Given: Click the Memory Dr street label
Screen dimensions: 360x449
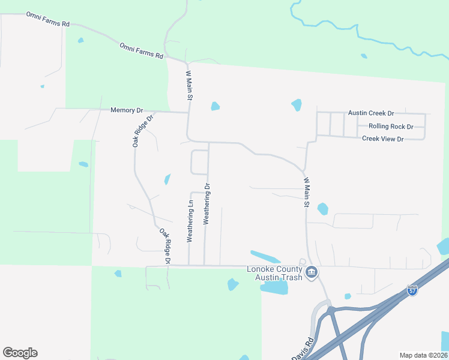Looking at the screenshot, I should click(x=127, y=110).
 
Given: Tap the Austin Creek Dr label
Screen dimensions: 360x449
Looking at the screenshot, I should click(x=371, y=113).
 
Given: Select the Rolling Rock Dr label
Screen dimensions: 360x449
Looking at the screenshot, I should click(x=391, y=127).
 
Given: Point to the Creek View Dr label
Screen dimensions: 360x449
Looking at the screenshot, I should click(x=383, y=139).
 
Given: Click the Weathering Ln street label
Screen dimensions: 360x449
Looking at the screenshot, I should click(x=190, y=221).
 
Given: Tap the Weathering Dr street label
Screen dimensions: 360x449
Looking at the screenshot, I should click(x=206, y=204).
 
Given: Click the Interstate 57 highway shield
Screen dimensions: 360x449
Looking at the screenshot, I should click(x=412, y=290).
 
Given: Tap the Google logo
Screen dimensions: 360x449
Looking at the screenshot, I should click(x=20, y=353).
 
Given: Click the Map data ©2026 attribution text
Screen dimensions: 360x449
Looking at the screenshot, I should click(x=423, y=355).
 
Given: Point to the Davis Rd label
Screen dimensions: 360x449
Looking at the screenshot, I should click(x=303, y=350).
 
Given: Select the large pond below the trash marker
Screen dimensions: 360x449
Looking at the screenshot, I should click(x=274, y=287).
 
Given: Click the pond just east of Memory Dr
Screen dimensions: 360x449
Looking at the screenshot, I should click(x=215, y=106).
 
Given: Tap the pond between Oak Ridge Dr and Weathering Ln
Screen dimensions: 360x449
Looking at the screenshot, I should click(x=167, y=179).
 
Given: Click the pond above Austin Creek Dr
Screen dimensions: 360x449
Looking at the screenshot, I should click(x=297, y=105).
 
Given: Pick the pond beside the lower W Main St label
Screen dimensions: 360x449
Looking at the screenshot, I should click(x=322, y=209).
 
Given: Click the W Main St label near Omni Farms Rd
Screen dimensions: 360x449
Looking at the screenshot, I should click(x=188, y=85).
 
